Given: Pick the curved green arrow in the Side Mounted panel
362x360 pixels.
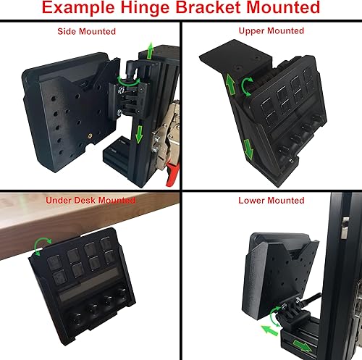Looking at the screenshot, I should (119, 80).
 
